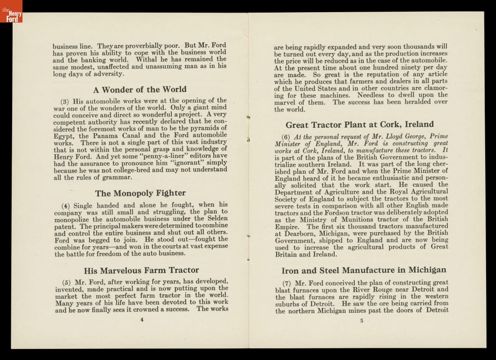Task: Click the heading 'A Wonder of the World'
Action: [x=139, y=90]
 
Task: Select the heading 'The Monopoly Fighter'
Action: [x=140, y=193]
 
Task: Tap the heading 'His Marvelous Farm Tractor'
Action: [x=141, y=270]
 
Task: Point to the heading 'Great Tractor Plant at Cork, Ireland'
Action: [x=360, y=125]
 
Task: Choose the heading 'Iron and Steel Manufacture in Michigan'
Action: [x=364, y=270]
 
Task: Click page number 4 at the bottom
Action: [x=142, y=320]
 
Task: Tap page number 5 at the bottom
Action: [x=362, y=321]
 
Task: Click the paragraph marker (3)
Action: [x=65, y=101]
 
